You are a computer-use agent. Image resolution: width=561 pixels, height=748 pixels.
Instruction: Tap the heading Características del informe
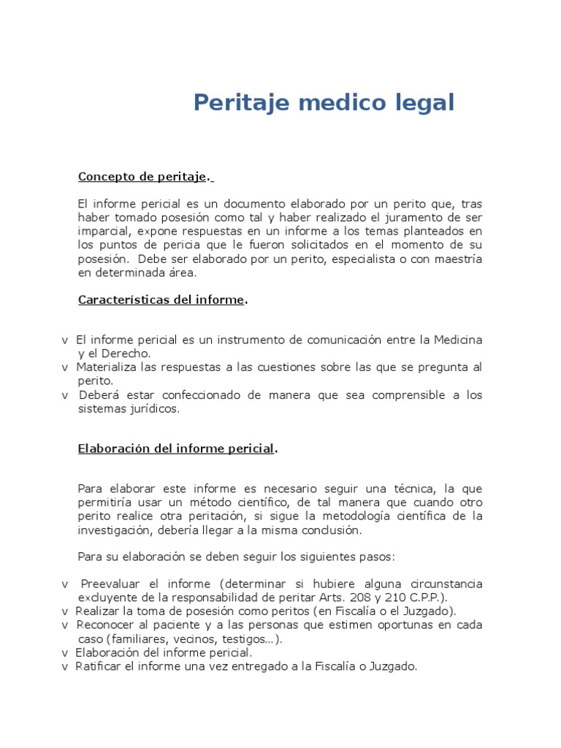click(161, 300)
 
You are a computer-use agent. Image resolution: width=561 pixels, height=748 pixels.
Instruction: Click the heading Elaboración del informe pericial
click(177, 449)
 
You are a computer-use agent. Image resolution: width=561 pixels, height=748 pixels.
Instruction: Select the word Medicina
click(458, 340)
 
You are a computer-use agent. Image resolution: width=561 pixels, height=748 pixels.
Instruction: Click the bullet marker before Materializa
click(65, 367)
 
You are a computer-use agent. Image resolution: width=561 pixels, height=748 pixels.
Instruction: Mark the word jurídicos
click(148, 409)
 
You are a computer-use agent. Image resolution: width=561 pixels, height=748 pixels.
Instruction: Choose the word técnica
click(410, 489)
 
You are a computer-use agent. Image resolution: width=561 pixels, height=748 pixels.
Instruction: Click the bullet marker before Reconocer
click(65, 625)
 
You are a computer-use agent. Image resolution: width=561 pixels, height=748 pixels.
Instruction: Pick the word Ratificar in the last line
click(98, 667)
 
